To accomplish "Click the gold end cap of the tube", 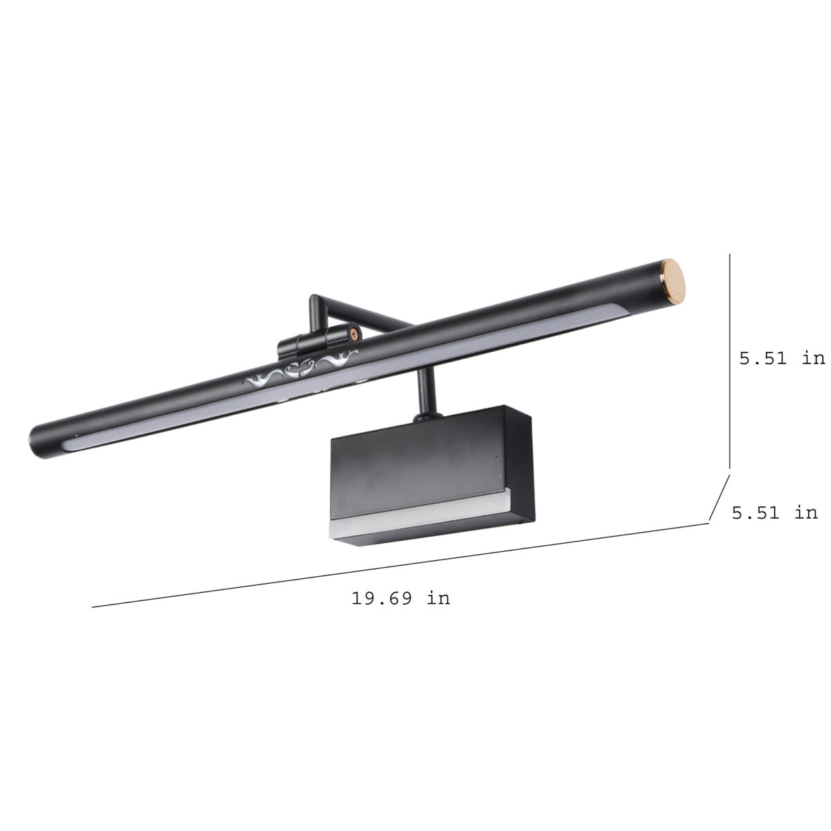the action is click(x=672, y=280).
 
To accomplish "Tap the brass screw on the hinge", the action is click(x=354, y=332).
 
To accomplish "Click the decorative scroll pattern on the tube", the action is click(x=301, y=371).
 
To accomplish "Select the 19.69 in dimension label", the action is click(x=401, y=598).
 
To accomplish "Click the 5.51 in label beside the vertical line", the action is click(x=782, y=358).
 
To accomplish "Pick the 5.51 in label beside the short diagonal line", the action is click(x=774, y=512).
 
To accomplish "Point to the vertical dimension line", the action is click(x=729, y=361).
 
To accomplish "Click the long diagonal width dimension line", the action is click(x=400, y=565).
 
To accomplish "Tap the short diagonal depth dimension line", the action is click(x=720, y=498).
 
